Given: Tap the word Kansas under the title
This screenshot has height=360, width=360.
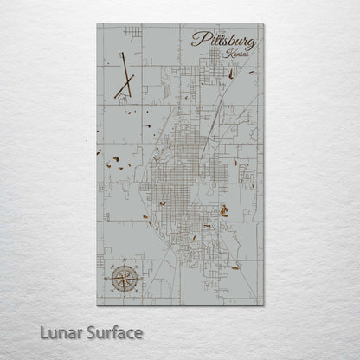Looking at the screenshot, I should pos(234,55).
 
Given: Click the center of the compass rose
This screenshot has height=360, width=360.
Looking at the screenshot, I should pos(119,278).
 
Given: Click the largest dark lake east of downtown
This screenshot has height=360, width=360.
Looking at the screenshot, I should pos(223,209).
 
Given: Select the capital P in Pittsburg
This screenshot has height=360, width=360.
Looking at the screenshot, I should pos(196,38).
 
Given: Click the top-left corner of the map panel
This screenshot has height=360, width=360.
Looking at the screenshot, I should pos(98,24).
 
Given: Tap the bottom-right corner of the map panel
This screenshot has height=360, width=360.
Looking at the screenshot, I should pos(262,305).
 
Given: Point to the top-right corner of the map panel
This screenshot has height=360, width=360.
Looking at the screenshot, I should pos(262,24).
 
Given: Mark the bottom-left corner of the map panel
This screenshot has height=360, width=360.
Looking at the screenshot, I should pos(98,305).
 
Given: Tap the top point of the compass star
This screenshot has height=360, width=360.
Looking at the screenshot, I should pos(119,266).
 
